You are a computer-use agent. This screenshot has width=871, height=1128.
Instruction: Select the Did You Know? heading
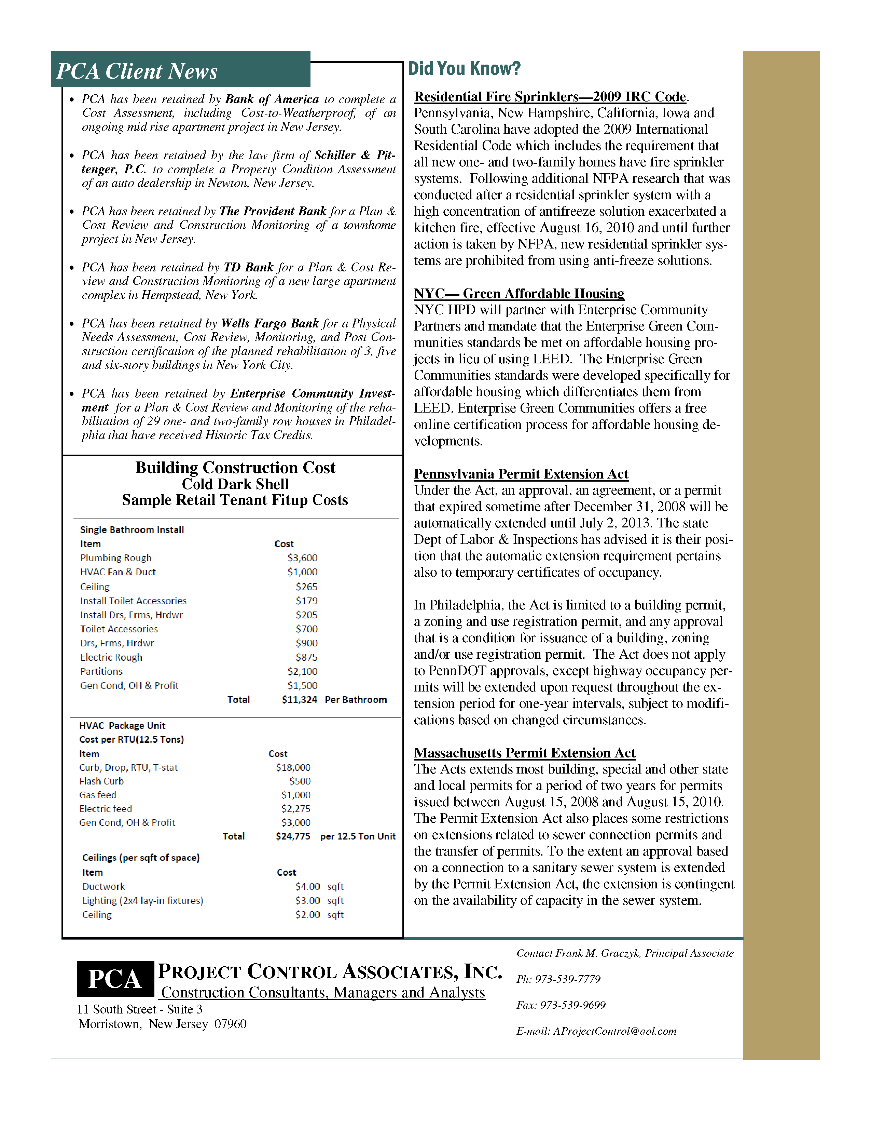(x=465, y=69)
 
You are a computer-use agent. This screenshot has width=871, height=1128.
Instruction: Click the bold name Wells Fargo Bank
(x=270, y=323)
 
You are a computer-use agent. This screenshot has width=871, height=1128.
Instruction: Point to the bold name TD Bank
(x=248, y=267)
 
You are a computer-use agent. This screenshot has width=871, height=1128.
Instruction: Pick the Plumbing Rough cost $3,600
(x=302, y=558)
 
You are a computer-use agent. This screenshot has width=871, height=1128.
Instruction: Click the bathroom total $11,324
(x=299, y=699)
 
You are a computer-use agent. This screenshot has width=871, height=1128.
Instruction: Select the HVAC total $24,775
(x=293, y=836)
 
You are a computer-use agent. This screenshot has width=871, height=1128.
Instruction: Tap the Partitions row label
(x=101, y=671)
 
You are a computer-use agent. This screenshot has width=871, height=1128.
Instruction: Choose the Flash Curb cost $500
(x=300, y=781)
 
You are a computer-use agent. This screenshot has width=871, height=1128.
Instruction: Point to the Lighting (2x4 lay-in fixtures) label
(x=143, y=900)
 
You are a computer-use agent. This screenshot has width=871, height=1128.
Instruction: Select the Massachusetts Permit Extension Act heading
(x=525, y=753)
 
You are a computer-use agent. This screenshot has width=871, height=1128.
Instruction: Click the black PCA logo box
(x=115, y=979)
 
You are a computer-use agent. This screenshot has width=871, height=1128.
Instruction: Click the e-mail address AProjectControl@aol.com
(x=614, y=1031)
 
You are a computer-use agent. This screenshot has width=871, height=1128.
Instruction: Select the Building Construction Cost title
(x=235, y=467)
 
